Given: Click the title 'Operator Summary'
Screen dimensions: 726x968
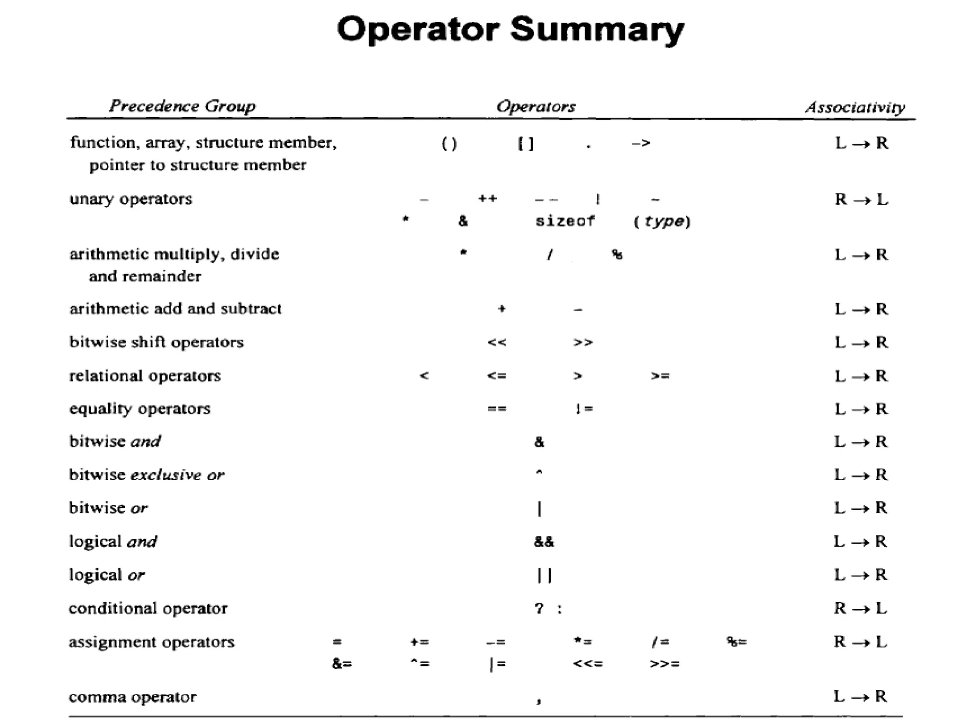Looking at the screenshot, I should (x=510, y=29).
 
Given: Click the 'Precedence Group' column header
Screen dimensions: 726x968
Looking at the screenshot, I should (x=182, y=106).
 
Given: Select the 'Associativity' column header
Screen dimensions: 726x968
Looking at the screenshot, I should (x=855, y=107).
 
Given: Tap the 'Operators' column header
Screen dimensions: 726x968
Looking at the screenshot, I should (x=536, y=106).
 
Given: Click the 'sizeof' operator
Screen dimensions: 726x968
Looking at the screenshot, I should (x=565, y=221).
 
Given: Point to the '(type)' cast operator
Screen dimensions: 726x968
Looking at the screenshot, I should (x=663, y=221).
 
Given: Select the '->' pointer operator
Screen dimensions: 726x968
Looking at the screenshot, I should (x=641, y=143).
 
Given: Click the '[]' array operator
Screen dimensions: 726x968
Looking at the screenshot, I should (x=526, y=143).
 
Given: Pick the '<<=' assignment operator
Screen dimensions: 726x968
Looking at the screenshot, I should (x=588, y=664).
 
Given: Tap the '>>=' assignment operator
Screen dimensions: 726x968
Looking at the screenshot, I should (x=665, y=664).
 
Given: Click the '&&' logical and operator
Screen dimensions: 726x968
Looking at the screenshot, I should (x=544, y=542).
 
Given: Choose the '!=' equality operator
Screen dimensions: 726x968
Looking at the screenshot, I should (x=584, y=408).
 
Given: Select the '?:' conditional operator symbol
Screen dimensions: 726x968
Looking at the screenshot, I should (x=548, y=608).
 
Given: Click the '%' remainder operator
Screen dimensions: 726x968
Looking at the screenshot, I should (x=617, y=255).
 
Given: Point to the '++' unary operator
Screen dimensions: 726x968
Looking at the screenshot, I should (x=487, y=199).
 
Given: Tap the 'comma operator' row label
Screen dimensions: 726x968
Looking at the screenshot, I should (x=132, y=697).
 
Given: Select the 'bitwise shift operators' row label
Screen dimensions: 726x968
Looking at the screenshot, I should (x=156, y=342).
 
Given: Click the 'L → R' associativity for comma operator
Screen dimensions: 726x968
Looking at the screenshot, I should (x=860, y=696).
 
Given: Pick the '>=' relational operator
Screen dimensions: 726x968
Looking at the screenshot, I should (x=660, y=376).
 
